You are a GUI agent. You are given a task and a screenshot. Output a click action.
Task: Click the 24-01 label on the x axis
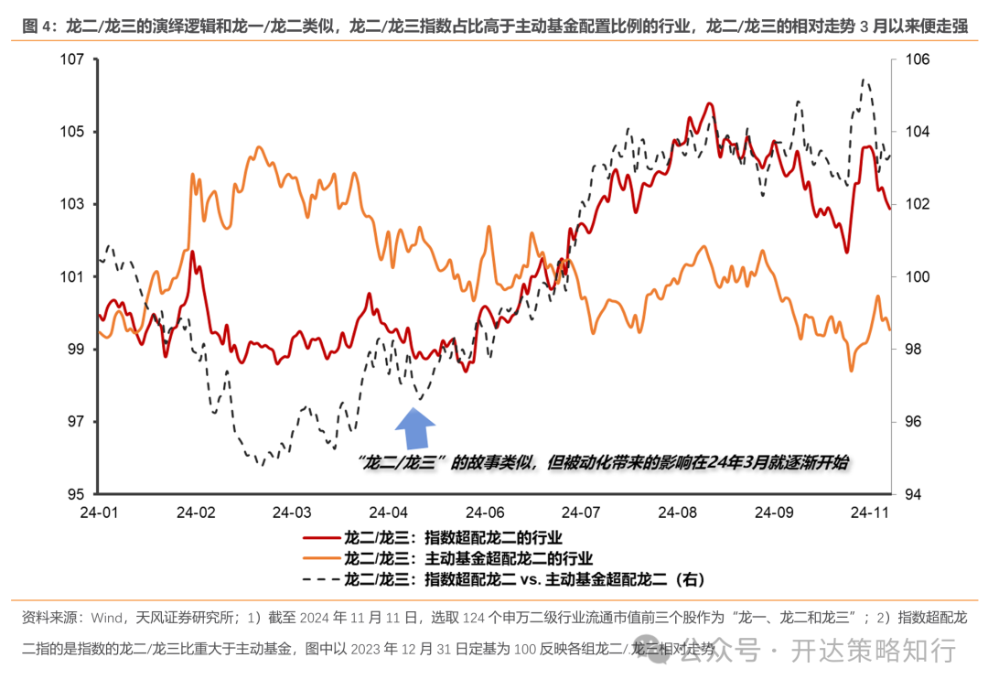click(x=100, y=512)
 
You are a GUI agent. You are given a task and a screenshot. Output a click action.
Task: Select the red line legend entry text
click(x=453, y=537)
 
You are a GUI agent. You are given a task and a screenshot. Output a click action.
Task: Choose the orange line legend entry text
click(x=467, y=558)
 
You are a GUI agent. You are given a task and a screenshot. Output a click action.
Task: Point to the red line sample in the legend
click(x=319, y=537)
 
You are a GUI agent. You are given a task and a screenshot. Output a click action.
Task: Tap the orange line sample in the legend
click(x=319, y=558)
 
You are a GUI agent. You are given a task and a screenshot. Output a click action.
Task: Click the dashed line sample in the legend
click(x=319, y=579)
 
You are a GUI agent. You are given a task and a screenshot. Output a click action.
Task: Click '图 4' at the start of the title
click(x=37, y=26)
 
